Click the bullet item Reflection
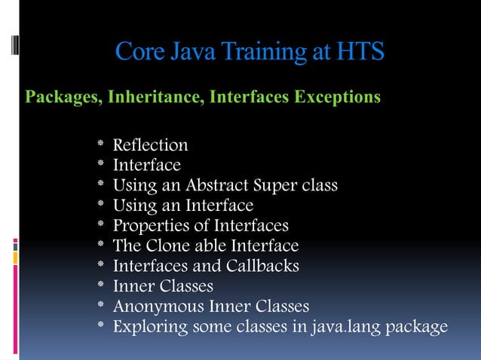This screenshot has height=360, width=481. (x=150, y=145)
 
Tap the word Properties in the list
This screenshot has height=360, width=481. (x=149, y=226)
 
